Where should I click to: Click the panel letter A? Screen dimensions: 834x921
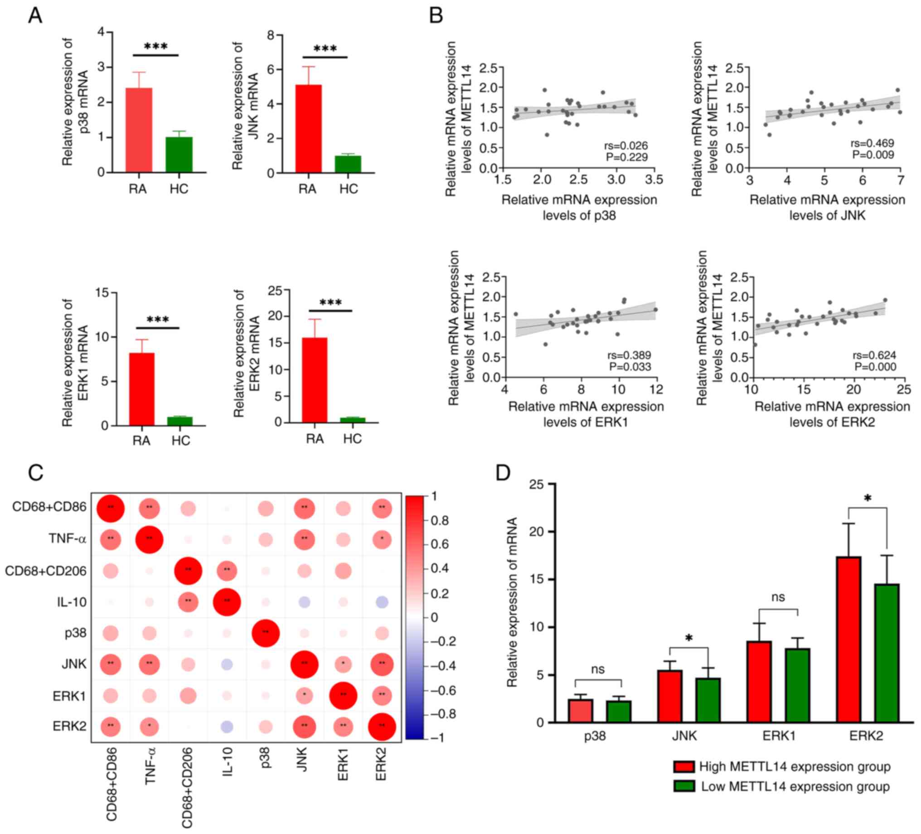pyautogui.click(x=35, y=16)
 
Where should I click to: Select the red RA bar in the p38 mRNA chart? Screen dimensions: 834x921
pyautogui.click(x=139, y=130)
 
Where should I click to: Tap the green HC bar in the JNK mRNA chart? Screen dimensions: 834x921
pyautogui.click(x=348, y=165)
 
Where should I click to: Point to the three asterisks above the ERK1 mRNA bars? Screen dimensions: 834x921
pyautogui.click(x=158, y=320)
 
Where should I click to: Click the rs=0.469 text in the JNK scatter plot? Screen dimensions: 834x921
pyautogui.click(x=873, y=143)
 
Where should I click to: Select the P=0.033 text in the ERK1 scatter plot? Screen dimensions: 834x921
pyautogui.click(x=630, y=367)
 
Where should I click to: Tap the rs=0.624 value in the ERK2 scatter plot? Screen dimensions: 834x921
pyautogui.click(x=875, y=355)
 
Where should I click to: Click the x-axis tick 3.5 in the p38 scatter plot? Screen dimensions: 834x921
pyautogui.click(x=654, y=180)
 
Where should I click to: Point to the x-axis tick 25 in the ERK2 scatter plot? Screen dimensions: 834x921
pyautogui.click(x=904, y=389)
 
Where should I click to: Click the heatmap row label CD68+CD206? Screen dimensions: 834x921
pyautogui.click(x=46, y=571)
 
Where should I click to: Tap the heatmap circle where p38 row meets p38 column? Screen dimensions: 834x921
pyautogui.click(x=266, y=633)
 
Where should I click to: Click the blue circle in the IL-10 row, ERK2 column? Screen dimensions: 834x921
pyautogui.click(x=382, y=602)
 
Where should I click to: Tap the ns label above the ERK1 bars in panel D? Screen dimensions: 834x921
pyautogui.click(x=778, y=597)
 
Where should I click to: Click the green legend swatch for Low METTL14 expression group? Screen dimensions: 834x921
pyautogui.click(x=684, y=786)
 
